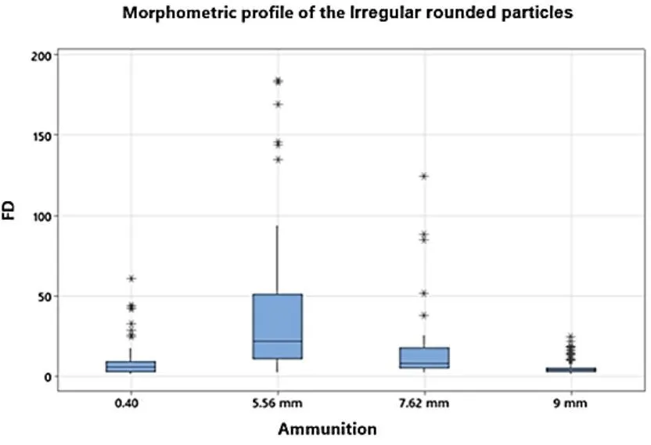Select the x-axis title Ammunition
327,429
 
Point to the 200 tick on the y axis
41,56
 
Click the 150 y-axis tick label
41,136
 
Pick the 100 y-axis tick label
41,216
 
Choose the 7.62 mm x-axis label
424,404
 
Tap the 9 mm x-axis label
571,404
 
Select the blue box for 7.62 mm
424,357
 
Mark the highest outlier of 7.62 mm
424,176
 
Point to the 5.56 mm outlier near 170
278,104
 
